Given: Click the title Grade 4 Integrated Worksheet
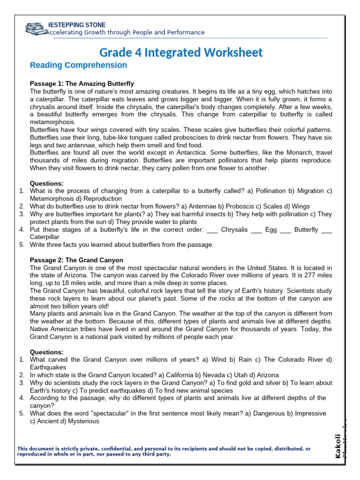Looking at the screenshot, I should click(x=181, y=52).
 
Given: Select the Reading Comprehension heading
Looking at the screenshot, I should click(x=78, y=65).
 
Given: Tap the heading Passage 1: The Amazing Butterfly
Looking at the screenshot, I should click(x=82, y=83).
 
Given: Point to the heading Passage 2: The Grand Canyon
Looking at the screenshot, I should click(x=76, y=260).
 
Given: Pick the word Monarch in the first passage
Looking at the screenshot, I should click(x=282, y=153).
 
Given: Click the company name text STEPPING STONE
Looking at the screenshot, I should click(x=80, y=25).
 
